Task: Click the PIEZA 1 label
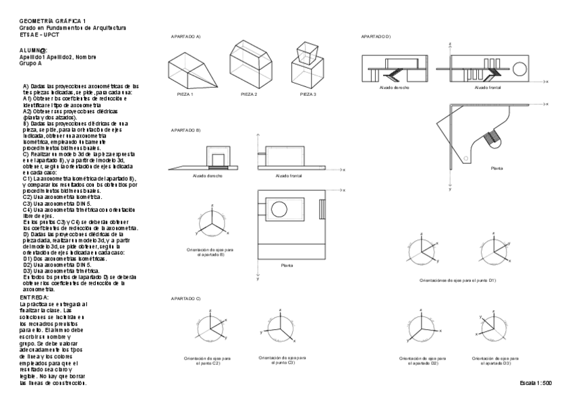[185, 94]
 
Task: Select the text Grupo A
[32, 63]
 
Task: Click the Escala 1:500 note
[536, 383]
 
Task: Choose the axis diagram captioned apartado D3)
[492, 326]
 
